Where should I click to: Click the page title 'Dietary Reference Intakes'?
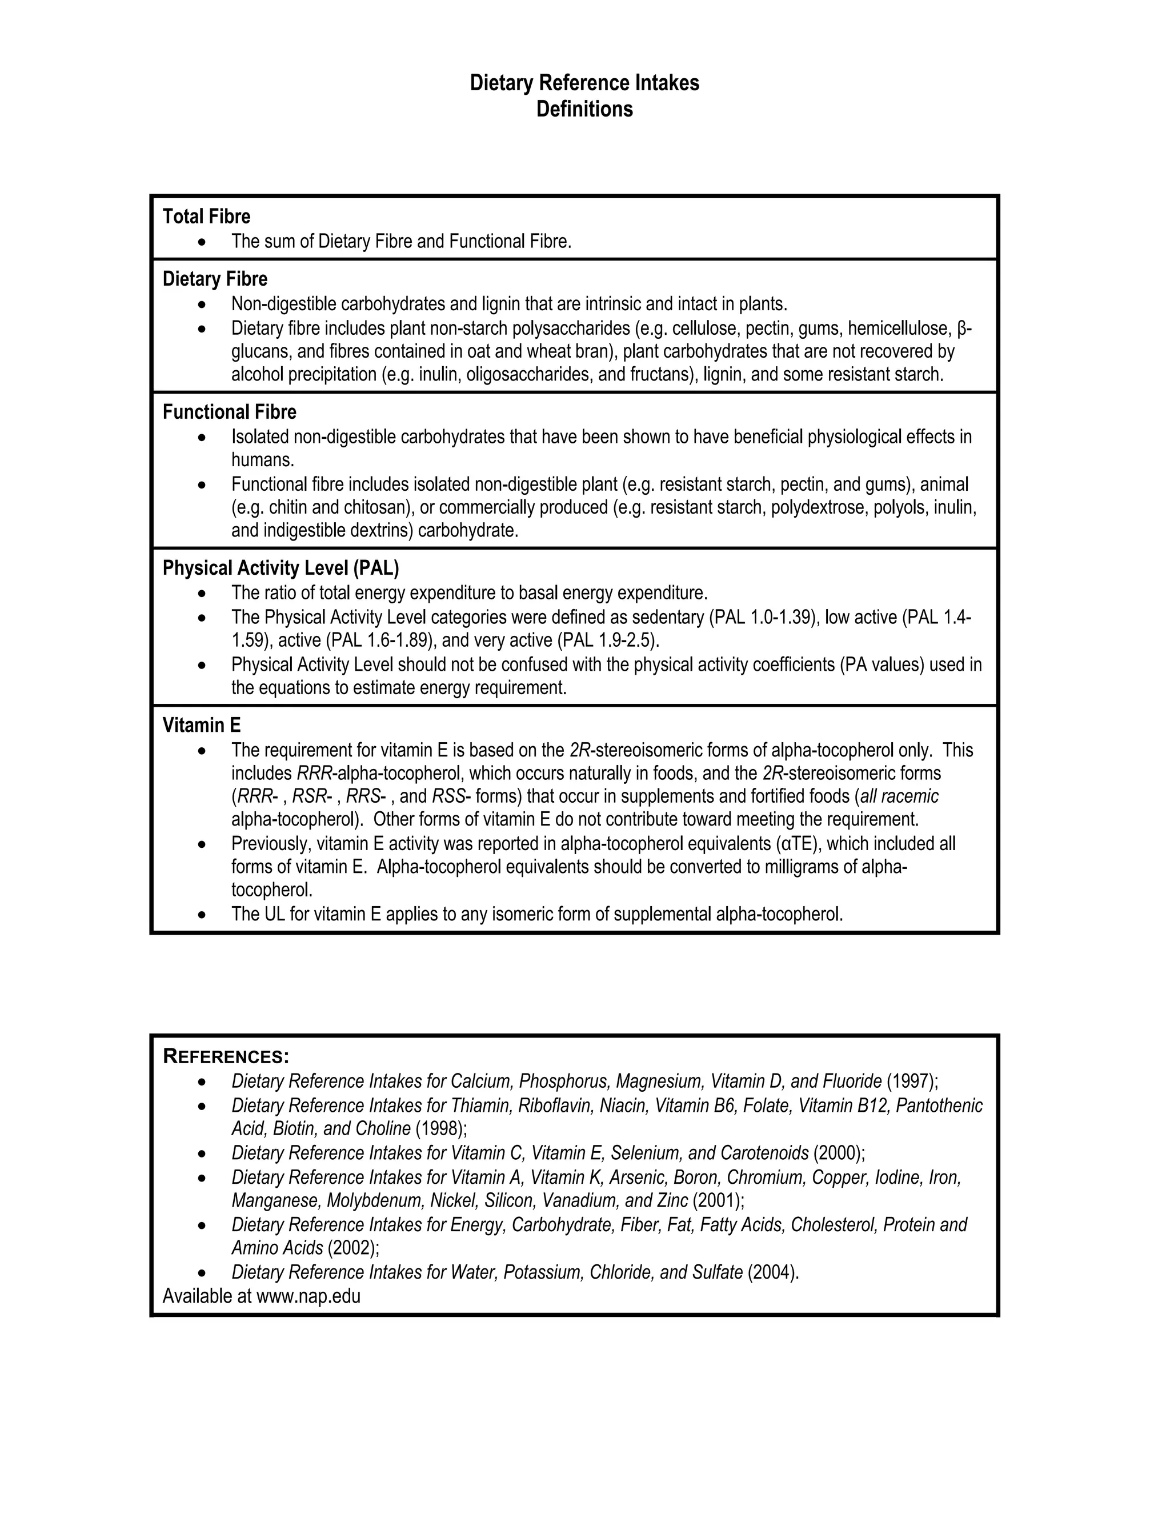584,83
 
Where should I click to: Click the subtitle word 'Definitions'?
584,110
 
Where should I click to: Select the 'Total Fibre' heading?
207,217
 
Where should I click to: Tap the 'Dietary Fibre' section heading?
215,279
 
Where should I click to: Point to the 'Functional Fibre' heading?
230,412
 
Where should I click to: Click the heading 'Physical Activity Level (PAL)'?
281,568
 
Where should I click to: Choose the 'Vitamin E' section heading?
202,726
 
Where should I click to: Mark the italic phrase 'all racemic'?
899,796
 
